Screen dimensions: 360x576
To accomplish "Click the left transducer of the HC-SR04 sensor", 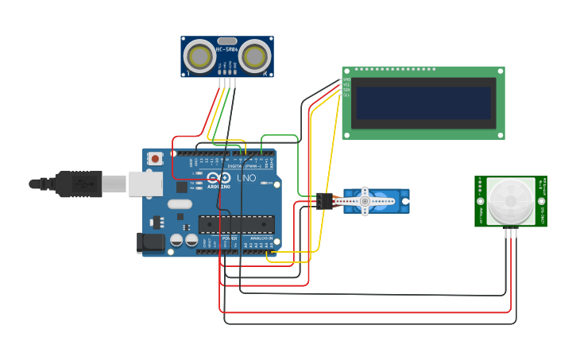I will [x=199, y=56].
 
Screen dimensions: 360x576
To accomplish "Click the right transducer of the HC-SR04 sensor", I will [x=254, y=56].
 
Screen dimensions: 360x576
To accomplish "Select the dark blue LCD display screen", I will [x=423, y=103].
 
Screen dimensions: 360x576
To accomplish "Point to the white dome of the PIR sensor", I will [x=510, y=200].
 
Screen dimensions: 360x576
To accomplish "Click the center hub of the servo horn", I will [x=365, y=201].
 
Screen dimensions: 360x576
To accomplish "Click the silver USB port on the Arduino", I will [x=145, y=184].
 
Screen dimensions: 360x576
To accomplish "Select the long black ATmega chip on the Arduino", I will [x=236, y=225].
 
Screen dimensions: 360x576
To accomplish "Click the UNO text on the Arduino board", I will [x=246, y=178].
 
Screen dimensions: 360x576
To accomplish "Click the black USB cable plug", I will [x=78, y=184].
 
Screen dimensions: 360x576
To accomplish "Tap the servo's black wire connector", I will [x=324, y=201].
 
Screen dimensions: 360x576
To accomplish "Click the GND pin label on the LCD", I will [x=346, y=79].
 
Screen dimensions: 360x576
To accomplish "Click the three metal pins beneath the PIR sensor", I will [x=510, y=232].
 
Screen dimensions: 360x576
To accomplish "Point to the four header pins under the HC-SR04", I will [x=227, y=82].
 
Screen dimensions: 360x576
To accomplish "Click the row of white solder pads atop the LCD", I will [x=395, y=69].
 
